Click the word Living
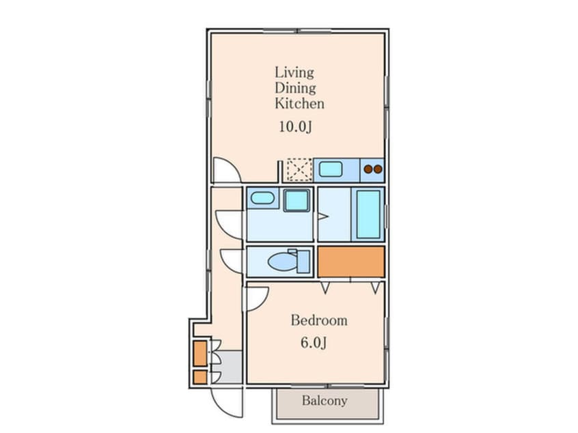[294, 72]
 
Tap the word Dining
[295, 88]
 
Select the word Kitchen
[299, 104]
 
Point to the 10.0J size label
[295, 127]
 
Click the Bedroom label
[319, 320]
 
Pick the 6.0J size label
[314, 343]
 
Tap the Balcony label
[325, 401]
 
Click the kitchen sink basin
[330, 169]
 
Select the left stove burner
[368, 169]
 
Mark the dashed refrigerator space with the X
[299, 169]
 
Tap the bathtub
[368, 214]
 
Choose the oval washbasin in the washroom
[262, 198]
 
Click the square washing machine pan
[297, 201]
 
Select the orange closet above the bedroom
[351, 262]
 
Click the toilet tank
[303, 262]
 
